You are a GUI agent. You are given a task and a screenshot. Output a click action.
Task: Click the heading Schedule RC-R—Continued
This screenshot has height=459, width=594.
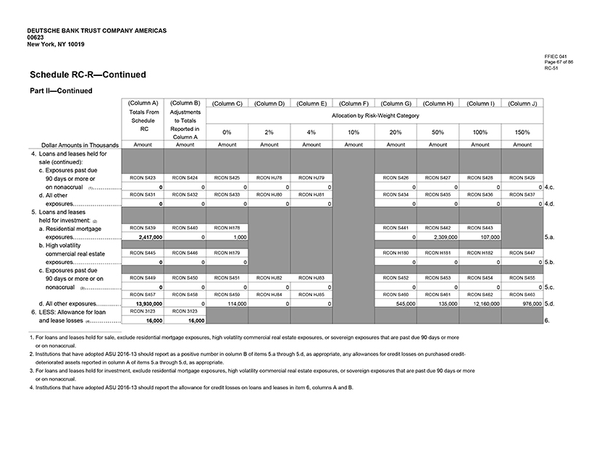88,75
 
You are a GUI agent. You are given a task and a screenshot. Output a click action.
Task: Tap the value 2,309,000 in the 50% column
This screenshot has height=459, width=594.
438,237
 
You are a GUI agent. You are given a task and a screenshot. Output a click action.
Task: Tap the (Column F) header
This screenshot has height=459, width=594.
354,104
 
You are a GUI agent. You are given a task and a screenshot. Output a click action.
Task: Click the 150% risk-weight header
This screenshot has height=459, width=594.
522,132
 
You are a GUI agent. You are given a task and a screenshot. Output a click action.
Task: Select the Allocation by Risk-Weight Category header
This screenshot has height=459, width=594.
375,116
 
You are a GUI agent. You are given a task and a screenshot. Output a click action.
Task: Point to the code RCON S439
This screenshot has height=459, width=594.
143,228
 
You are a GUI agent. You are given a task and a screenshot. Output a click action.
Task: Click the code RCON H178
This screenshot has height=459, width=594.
227,228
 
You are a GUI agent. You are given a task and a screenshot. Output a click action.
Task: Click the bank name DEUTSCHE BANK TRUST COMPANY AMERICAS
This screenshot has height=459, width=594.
96,31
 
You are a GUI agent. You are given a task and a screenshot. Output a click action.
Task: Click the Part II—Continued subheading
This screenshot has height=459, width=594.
61,90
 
